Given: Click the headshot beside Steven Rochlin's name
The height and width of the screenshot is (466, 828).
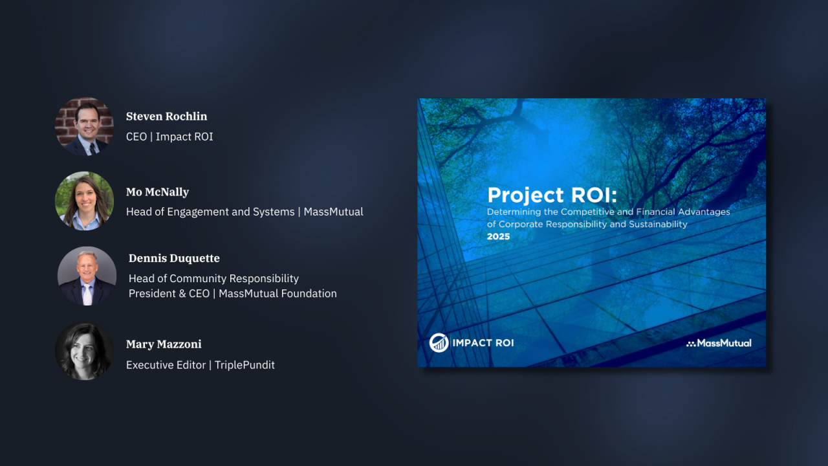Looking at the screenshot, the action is point(84,126).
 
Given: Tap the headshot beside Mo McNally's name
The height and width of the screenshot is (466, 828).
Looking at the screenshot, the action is point(84,201).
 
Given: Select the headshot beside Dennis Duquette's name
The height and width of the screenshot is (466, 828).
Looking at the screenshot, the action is point(87,276).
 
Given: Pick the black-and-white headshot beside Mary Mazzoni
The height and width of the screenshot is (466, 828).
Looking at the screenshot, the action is point(84,351).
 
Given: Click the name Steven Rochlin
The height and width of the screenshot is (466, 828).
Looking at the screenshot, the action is point(166,116).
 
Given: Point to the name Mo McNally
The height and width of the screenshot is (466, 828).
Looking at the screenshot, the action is point(157,192).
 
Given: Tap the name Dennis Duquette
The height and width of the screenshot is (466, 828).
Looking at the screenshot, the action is point(174,258).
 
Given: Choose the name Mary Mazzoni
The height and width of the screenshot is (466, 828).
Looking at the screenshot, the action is point(164,344).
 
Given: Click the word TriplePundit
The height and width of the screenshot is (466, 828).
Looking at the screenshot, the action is point(245,365).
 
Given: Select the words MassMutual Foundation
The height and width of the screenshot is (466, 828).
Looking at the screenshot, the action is point(278,294).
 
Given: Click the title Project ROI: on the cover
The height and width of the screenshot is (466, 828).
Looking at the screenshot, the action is point(552,195).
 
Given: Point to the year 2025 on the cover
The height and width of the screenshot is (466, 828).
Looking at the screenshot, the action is point(498,237).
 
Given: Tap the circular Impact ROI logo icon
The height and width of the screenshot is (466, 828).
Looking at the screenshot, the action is point(439,342).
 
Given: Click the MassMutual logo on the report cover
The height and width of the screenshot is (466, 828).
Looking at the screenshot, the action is point(719,343).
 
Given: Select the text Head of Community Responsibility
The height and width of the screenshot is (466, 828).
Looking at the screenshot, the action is point(213,278).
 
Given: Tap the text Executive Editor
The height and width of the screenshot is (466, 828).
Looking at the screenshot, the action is point(166,365).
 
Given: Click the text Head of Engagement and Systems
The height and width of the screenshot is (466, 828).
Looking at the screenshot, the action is point(210,212).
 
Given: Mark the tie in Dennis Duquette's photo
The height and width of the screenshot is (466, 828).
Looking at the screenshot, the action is point(87,294).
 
